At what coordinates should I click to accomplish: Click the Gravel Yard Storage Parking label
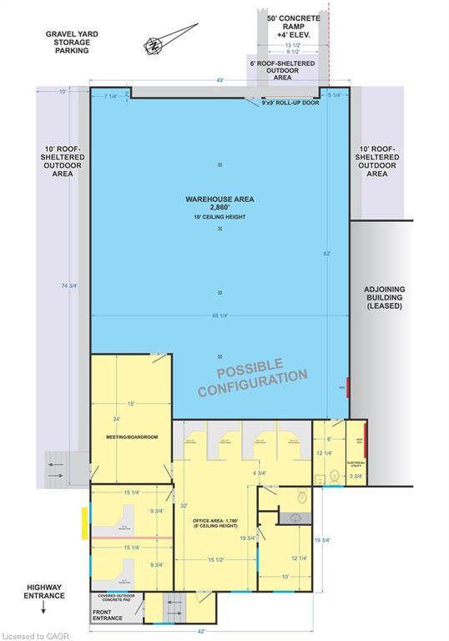[x=68, y=42]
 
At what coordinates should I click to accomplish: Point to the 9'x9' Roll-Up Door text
[x=290, y=103]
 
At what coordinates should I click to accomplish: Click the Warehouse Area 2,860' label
[x=219, y=204]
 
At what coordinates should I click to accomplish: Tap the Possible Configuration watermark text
[x=252, y=377]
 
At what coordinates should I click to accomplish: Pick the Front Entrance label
[x=108, y=613]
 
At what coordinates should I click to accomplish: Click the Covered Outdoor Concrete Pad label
[x=117, y=598]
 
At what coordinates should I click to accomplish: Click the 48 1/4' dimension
[x=219, y=315]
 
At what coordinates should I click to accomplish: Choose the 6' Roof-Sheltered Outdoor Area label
[x=276, y=68]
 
